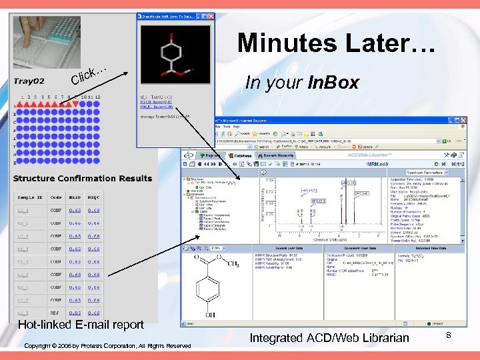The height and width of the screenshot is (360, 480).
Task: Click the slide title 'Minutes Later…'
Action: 337,43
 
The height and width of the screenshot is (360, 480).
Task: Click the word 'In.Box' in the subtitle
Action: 333,83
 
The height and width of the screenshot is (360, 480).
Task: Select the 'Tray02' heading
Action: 29,81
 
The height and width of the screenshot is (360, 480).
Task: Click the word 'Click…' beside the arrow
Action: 89,75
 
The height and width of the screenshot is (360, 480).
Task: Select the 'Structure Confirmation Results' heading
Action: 83,179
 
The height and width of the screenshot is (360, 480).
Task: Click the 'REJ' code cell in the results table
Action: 56,312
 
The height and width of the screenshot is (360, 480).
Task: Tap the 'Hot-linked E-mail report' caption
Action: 81,325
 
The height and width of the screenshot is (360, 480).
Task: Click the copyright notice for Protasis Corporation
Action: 107,345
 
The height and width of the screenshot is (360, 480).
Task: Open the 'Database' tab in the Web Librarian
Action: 241,155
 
